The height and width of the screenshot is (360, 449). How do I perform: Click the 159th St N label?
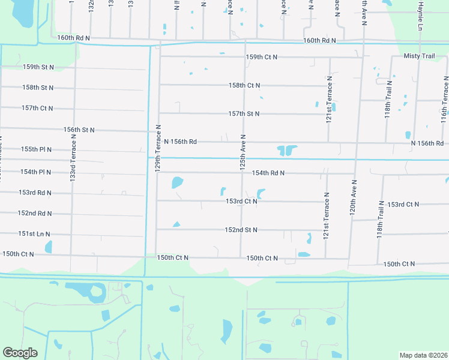(x=38, y=67)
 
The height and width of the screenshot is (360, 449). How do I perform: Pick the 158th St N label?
(x=38, y=88)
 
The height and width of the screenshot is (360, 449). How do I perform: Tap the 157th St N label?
(x=244, y=113)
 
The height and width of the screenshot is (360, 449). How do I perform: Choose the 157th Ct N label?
(x=38, y=108)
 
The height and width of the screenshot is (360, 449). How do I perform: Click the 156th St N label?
(x=79, y=130)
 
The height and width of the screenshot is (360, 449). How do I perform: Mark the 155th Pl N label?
(x=36, y=149)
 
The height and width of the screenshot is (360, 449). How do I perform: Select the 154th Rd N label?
(x=268, y=173)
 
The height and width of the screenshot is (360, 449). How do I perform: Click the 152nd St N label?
(x=241, y=230)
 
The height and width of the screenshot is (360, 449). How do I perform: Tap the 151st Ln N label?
(x=34, y=234)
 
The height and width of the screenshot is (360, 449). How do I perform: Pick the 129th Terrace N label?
(x=158, y=149)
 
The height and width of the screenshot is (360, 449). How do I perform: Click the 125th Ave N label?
(x=243, y=151)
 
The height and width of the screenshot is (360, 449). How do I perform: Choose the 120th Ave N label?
(x=354, y=197)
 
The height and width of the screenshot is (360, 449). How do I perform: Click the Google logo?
(x=20, y=353)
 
